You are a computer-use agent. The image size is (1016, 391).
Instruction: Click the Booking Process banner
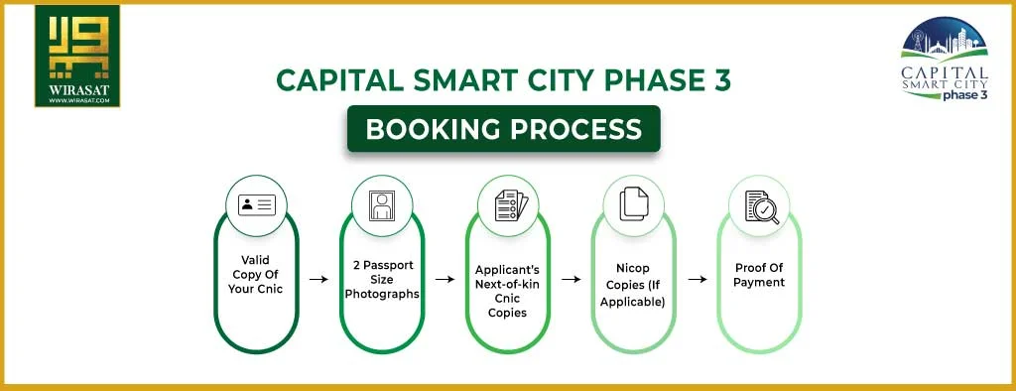[x=503, y=129]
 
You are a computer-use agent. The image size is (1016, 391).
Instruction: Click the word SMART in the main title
[x=463, y=80]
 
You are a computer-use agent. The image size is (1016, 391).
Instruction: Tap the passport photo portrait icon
[x=382, y=205]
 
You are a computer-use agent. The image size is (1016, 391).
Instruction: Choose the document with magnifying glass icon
[x=760, y=205]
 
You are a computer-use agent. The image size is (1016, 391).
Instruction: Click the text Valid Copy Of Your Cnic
[x=257, y=274]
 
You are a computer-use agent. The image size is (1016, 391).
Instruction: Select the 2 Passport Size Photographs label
[x=382, y=279]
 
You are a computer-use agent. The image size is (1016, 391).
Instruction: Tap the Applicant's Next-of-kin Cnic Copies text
[x=508, y=290]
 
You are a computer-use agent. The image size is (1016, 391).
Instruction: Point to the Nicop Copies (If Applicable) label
[x=634, y=284]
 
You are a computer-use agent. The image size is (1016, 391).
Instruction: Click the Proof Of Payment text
[x=760, y=275]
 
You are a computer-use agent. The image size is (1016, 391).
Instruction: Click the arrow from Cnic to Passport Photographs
[x=318, y=280]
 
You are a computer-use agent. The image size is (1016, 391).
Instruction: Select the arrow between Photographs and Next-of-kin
[x=444, y=280]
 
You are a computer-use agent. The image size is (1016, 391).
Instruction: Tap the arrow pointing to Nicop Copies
[x=571, y=280]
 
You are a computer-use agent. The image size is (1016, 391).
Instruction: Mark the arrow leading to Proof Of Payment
[x=697, y=280]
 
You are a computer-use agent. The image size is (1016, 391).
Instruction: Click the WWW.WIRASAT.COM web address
[x=76, y=101]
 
